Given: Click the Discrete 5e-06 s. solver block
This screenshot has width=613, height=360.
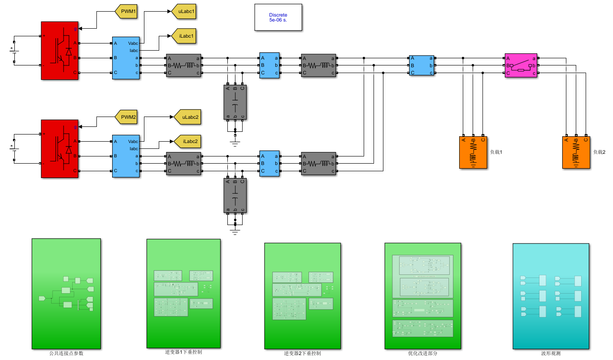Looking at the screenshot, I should (x=278, y=18).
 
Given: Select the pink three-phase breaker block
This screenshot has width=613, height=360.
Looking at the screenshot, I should (x=521, y=65).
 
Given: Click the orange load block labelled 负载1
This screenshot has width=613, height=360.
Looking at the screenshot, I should (x=473, y=152).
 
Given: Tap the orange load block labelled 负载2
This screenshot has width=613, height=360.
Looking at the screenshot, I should (x=576, y=152).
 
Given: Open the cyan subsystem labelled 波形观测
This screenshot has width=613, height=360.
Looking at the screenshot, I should (x=551, y=296).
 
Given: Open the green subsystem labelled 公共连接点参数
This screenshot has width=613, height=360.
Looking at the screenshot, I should (x=66, y=294).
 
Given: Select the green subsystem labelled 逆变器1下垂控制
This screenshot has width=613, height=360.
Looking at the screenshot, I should (x=183, y=293).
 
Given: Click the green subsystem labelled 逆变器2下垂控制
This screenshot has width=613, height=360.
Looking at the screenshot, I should (x=302, y=296).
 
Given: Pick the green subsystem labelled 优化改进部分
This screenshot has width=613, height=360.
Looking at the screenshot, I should (x=422, y=296).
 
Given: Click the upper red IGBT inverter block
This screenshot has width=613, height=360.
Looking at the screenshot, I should (x=60, y=51).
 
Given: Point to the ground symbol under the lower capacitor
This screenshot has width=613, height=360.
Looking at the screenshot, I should (x=235, y=232).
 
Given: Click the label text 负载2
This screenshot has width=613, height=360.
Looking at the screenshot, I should (x=599, y=152).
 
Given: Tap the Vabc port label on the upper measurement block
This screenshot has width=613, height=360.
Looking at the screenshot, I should (x=133, y=43).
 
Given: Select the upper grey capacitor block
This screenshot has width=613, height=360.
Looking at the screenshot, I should (x=235, y=102).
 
